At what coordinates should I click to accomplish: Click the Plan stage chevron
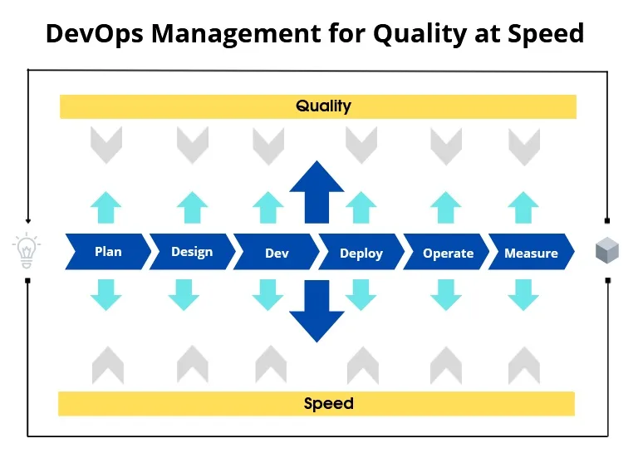coord(108,252)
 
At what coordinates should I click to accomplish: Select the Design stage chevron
coord(193,252)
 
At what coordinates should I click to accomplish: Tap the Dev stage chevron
coord(277,252)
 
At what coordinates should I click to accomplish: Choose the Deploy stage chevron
coord(361,252)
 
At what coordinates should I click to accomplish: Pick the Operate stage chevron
coord(446,252)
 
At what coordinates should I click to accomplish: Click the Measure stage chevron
coord(531,252)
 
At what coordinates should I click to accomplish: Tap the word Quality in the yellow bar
coord(323,106)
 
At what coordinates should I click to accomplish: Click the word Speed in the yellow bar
coord(328,403)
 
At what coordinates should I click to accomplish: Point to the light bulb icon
coord(27,250)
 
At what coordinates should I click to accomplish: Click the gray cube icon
coord(607,250)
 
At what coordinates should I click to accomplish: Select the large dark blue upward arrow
coord(317,192)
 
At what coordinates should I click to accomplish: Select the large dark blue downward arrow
coord(317,311)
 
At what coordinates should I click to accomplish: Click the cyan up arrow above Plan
coord(106,207)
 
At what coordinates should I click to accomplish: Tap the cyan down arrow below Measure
coord(523,295)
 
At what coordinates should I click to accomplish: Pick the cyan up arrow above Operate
coord(446,207)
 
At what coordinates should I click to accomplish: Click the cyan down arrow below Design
coord(184,295)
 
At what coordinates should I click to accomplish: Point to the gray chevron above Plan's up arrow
coord(106,145)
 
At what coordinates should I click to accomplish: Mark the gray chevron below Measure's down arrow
coord(524,365)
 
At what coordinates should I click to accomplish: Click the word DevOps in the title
coord(95,33)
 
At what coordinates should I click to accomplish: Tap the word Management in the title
coord(236,34)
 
